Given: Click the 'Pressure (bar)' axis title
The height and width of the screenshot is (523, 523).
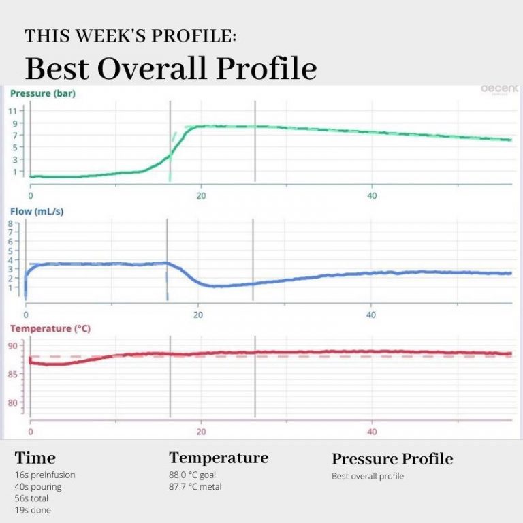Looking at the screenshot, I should [42, 93].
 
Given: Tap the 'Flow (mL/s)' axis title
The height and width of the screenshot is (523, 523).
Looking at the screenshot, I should [37, 211].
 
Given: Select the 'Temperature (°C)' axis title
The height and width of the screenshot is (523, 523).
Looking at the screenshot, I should [50, 329].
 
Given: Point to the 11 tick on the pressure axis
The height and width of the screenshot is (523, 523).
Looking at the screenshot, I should [13, 110].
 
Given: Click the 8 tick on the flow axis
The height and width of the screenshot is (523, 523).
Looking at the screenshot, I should [10, 223].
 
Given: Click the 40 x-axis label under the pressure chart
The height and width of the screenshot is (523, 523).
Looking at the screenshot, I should [372, 195].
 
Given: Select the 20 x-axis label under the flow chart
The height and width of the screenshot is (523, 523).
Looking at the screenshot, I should [198, 315].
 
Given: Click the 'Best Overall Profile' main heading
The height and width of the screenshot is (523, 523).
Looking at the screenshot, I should [171, 69].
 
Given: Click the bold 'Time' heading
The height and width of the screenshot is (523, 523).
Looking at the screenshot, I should [35, 458].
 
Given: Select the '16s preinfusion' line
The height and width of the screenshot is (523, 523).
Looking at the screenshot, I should [45, 475].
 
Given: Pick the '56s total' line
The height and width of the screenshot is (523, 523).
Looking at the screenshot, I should [31, 498].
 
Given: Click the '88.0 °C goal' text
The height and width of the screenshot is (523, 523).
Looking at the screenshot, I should [193, 475].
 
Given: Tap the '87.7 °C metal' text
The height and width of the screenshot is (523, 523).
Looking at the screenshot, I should [195, 486].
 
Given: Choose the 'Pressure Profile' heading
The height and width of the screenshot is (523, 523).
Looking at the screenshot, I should [392, 459].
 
